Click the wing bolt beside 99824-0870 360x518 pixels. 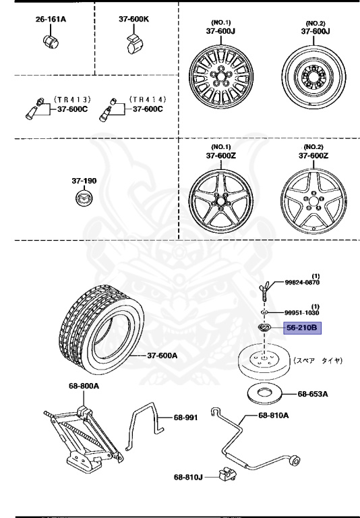(265, 288)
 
